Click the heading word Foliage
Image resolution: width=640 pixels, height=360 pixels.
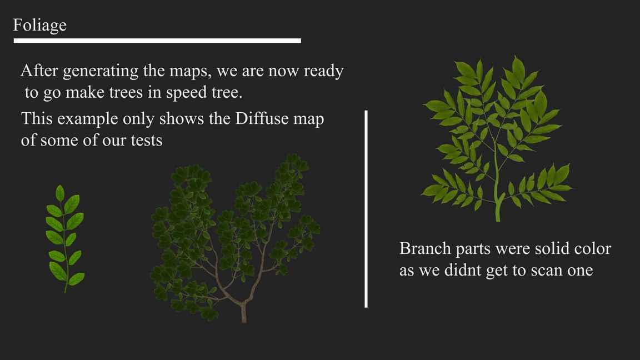(39, 26)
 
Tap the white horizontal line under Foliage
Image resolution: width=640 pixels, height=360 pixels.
(157, 41)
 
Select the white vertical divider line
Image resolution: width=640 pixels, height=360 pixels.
(366, 208)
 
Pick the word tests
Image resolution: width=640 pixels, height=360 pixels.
(147, 141)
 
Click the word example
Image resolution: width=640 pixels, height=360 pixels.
(86, 119)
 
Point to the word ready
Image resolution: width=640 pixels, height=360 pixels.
(324, 72)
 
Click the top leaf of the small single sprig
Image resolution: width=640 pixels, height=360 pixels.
(60, 193)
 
